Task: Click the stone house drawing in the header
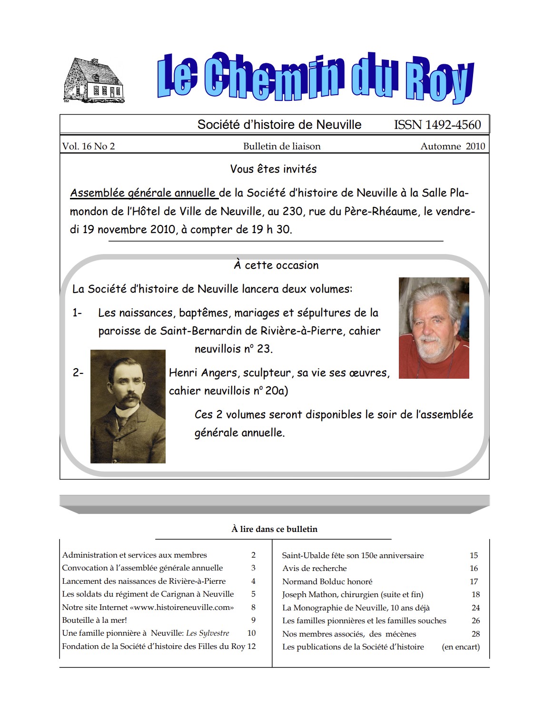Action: (94, 81)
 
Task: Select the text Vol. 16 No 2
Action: (89, 146)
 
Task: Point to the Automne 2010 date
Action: (453, 146)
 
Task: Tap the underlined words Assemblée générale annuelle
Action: (143, 193)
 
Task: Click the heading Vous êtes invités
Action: (273, 169)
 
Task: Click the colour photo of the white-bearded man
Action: (434, 328)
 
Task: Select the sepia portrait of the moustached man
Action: (128, 406)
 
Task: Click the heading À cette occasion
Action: (276, 265)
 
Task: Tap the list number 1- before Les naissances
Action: (77, 313)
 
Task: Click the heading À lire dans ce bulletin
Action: (274, 529)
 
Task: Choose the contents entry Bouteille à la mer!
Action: (94, 620)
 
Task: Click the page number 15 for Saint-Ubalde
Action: (474, 555)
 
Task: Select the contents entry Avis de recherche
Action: (314, 568)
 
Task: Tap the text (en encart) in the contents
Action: (461, 647)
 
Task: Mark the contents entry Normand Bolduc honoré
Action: (327, 581)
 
